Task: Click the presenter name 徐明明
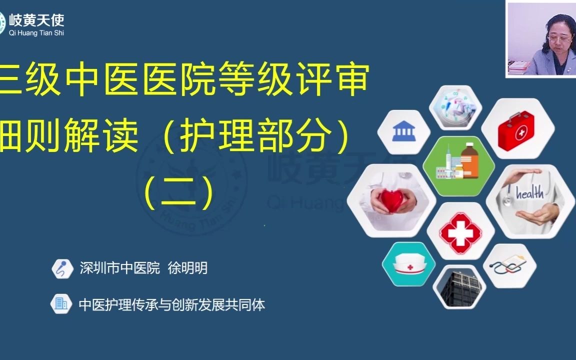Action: pos(187,268)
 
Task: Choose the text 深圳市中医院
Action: pos(119,268)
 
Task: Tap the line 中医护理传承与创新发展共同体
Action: pos(171,304)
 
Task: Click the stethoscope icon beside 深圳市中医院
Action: pos(62,268)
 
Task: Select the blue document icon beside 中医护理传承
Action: pos(61,304)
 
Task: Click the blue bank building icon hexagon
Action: pos(403,132)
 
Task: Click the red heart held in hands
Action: pos(392,199)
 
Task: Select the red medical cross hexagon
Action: pos(460,231)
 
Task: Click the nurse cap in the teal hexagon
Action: pos(408,264)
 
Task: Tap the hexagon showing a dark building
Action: pos(459,287)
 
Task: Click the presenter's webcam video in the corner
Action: pos(540,39)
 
